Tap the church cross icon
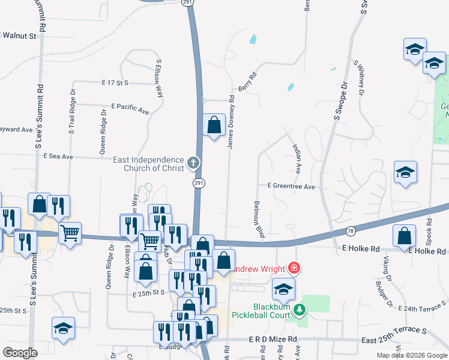coord(193,162)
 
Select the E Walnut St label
coord(19,36)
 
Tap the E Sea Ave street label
coord(58,157)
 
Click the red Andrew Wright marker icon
coord(294,267)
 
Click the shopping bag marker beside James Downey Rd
coord(214,125)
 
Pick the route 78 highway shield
coord(351,231)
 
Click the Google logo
coord(20,353)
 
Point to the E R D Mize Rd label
coord(273,340)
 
